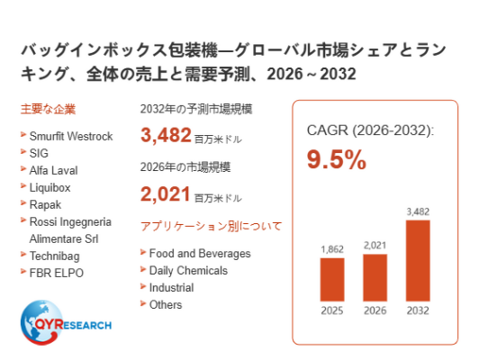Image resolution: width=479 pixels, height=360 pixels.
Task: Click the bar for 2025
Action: [x=332, y=280]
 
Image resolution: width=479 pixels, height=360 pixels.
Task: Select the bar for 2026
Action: [x=375, y=277]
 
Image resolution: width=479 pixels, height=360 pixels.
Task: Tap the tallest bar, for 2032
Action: [x=418, y=260]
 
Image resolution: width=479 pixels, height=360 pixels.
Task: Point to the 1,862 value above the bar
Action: [x=332, y=249]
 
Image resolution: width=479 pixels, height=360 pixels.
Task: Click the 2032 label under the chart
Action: [x=418, y=310]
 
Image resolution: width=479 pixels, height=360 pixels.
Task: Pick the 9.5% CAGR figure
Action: [x=337, y=159]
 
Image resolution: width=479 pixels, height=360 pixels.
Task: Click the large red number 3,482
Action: [x=166, y=135]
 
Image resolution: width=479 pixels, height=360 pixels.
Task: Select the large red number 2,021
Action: [x=166, y=193]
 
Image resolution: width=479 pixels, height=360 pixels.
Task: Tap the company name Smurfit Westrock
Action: [x=71, y=136]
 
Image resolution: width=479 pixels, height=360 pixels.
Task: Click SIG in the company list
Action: [x=39, y=153]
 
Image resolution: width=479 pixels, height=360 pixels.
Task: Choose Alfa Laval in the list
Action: [x=53, y=170]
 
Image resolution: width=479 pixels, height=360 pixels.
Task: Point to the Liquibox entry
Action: [x=50, y=188]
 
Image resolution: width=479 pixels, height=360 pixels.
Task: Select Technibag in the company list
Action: [x=54, y=256]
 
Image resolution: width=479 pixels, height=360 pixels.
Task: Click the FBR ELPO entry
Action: [x=56, y=273]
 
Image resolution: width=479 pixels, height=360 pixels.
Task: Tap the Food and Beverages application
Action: [x=200, y=254]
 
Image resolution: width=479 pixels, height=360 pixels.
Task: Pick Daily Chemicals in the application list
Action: [x=188, y=271]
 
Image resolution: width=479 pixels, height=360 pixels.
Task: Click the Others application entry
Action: [x=166, y=305]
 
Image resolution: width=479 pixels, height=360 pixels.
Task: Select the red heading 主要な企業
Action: [x=48, y=109]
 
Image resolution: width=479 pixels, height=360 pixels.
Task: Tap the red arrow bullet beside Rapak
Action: [x=23, y=202]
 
